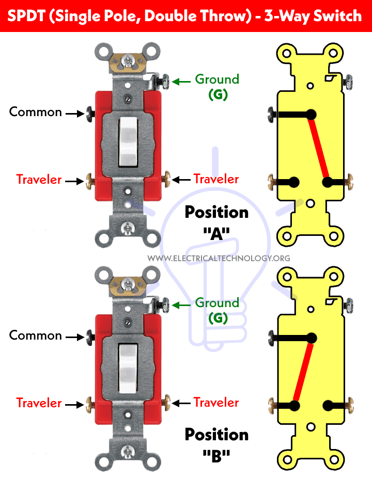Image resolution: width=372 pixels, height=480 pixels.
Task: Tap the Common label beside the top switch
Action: pos(36,112)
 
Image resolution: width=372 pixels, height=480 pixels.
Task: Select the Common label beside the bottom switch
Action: pos(36,335)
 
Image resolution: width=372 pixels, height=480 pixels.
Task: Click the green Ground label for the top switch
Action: pos(217,79)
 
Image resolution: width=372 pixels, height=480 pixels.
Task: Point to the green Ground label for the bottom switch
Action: pos(217,303)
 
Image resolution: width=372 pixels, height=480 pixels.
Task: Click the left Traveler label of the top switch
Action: pos(39,180)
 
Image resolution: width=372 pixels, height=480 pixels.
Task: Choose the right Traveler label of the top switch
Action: pos(216,179)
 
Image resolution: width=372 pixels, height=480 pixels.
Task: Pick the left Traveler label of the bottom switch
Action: pos(39,403)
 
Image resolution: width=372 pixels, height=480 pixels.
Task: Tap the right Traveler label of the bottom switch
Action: pos(216,403)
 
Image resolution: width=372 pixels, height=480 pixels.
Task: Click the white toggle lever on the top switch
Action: pos(129,141)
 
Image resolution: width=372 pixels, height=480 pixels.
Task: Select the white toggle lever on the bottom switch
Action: pos(129,364)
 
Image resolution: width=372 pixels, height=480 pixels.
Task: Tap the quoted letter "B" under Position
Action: pos(217,455)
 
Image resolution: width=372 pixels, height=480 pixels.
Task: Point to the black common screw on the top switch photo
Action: pos(91,112)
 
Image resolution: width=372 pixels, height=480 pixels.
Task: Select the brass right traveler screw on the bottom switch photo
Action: pos(166,402)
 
